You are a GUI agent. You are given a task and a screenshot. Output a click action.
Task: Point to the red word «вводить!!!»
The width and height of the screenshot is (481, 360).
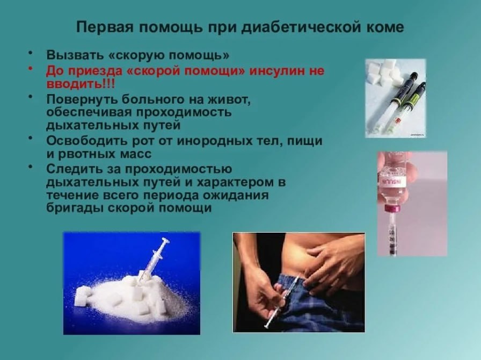point(81,84)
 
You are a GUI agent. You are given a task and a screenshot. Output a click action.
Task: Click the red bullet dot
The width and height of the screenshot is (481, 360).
point(30,68)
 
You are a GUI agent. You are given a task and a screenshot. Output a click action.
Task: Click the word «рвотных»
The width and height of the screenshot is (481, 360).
point(88,154)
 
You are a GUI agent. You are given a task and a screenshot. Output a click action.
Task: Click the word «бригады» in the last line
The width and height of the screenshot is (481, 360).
point(75,208)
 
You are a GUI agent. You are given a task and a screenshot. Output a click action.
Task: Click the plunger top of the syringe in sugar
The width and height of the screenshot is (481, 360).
point(166,240)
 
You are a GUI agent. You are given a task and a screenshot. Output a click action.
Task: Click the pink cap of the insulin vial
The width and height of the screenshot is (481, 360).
point(392,208)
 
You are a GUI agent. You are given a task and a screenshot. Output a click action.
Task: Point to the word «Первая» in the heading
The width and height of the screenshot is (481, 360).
point(104,27)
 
